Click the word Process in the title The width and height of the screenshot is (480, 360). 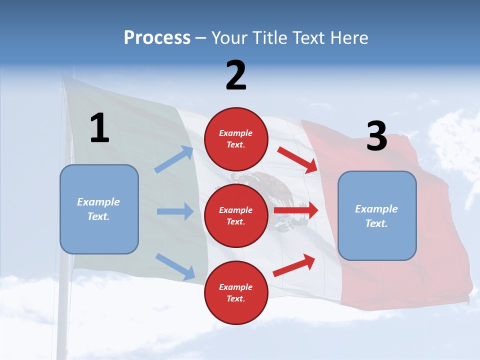point(157,38)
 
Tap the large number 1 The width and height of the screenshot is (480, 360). point(99,128)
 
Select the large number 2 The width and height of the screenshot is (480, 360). point(236,75)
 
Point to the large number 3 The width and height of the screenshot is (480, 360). point(376,136)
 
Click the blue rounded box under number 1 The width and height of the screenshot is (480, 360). point(99,209)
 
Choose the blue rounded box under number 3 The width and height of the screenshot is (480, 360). point(377,216)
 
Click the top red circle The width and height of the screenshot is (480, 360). point(236,139)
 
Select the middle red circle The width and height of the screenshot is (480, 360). point(236,215)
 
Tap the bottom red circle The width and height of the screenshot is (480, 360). point(236,292)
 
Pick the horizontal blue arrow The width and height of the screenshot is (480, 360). point(175,211)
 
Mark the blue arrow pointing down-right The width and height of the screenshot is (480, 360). point(175,266)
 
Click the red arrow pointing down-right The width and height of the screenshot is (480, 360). point(297,159)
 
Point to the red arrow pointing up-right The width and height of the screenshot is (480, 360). point(294,265)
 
